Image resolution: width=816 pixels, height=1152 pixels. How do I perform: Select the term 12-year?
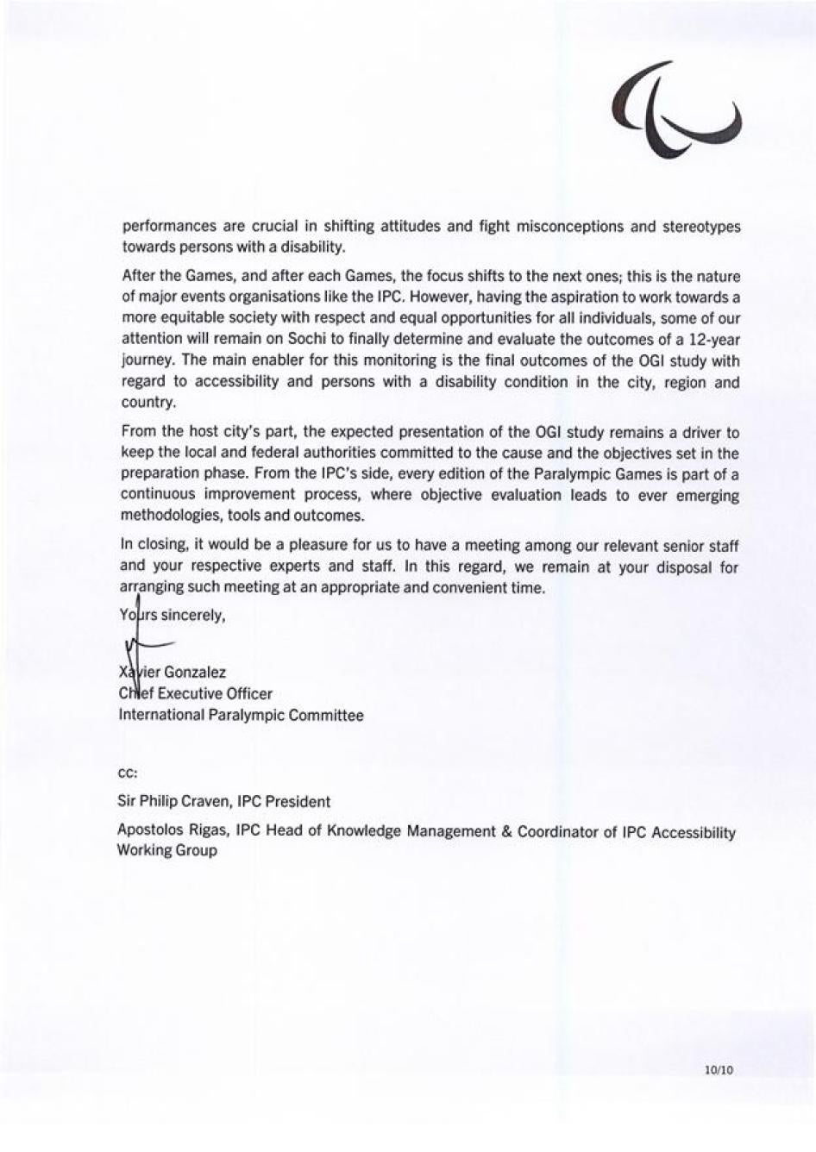pos(712,339)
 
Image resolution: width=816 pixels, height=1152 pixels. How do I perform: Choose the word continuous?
pos(157,495)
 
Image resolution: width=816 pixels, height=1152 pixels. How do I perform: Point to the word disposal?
pos(689,567)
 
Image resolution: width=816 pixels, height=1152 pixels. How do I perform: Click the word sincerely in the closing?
pos(193,616)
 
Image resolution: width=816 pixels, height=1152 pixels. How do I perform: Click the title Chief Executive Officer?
pos(196,693)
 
